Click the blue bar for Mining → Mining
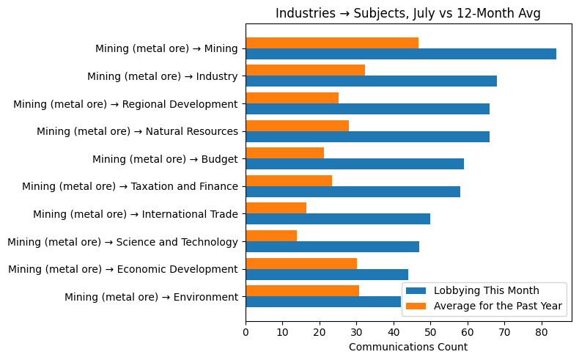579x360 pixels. [x=400, y=54]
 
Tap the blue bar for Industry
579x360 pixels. [x=371, y=81]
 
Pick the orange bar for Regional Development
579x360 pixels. [x=292, y=98]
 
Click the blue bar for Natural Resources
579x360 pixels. [x=367, y=136]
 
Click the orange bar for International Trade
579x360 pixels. [x=276, y=207]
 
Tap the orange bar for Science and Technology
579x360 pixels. [x=271, y=235]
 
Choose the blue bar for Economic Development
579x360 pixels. [x=326, y=274]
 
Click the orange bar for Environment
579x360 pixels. [x=302, y=290]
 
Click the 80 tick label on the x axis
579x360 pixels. [x=542, y=332]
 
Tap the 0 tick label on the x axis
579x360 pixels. [x=246, y=332]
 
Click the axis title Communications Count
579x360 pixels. [x=407, y=347]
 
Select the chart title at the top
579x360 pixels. [x=407, y=13]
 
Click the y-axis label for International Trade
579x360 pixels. [x=135, y=214]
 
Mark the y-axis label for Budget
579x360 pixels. [x=165, y=159]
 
